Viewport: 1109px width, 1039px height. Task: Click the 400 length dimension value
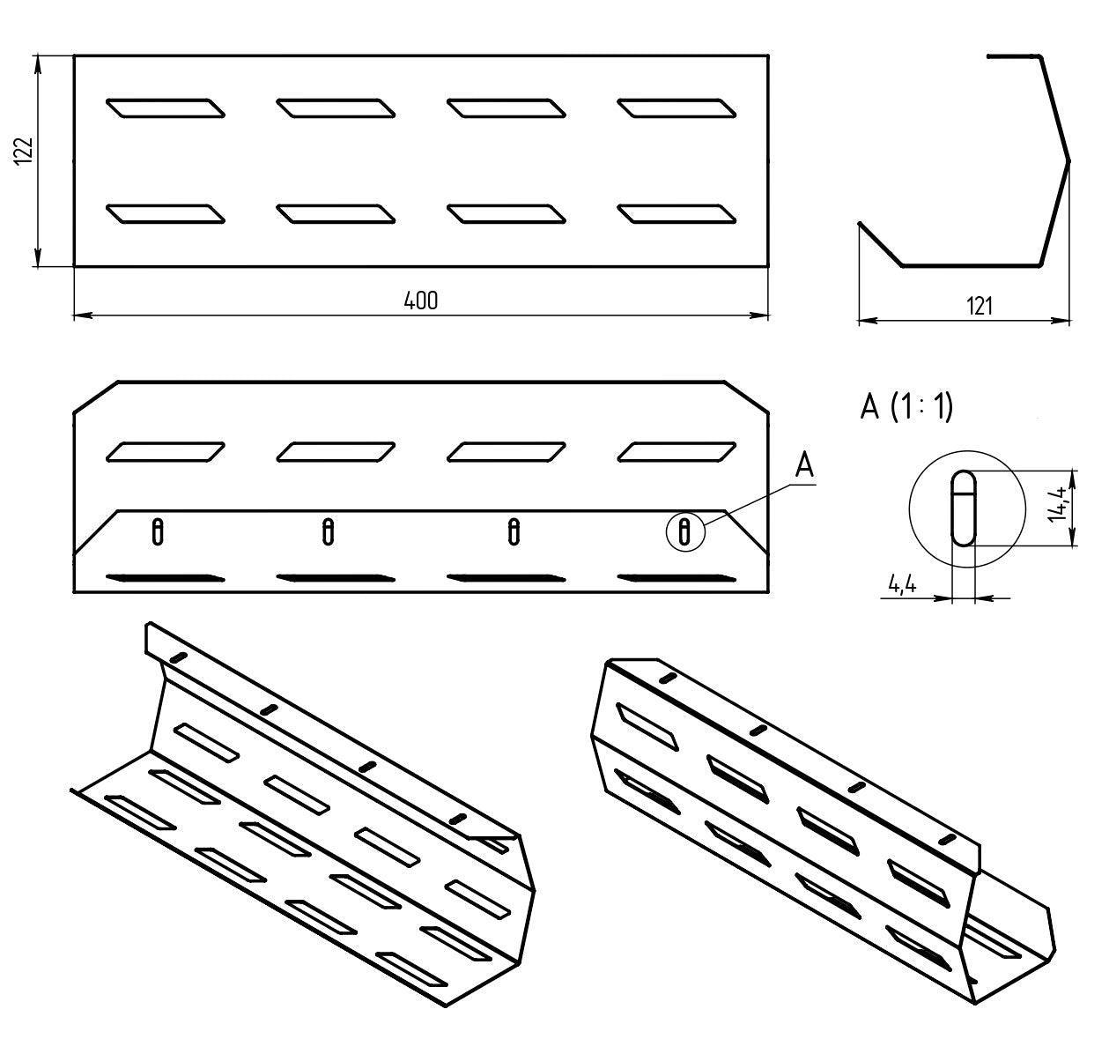click(x=421, y=301)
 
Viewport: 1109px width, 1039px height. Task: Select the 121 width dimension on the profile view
click(x=979, y=306)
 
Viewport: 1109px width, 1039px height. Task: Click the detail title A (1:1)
click(x=906, y=407)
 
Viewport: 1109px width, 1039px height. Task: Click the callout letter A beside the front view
click(x=803, y=464)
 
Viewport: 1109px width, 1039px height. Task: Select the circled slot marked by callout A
click(x=685, y=532)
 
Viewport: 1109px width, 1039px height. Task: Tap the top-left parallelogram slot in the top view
click(x=165, y=108)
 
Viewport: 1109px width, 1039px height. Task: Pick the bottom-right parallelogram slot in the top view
click(x=676, y=214)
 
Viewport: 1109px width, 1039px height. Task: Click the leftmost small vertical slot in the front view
click(x=158, y=531)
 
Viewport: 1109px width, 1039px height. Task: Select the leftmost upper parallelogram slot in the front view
click(x=165, y=451)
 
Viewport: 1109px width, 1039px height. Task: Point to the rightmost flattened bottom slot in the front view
click(x=676, y=578)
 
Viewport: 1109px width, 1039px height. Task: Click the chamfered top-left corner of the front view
click(x=96, y=397)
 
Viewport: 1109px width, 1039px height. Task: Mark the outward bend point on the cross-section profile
click(x=1068, y=161)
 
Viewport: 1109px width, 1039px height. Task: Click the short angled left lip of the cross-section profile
click(x=879, y=244)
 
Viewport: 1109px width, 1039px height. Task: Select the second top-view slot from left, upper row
click(x=336, y=108)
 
